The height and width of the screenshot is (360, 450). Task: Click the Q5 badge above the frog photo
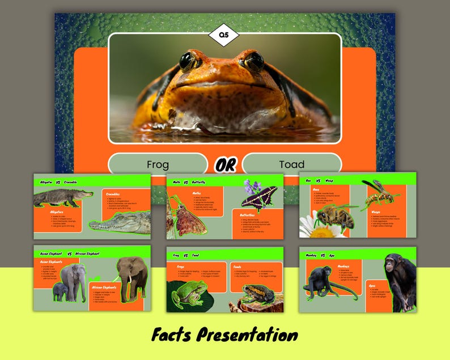[x=224, y=36]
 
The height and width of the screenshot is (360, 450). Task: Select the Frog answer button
[x=158, y=164]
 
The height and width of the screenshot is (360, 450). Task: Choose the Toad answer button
[x=291, y=164]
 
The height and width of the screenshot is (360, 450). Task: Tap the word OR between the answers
[x=225, y=165]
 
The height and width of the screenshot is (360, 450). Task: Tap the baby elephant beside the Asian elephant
[x=60, y=291]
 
